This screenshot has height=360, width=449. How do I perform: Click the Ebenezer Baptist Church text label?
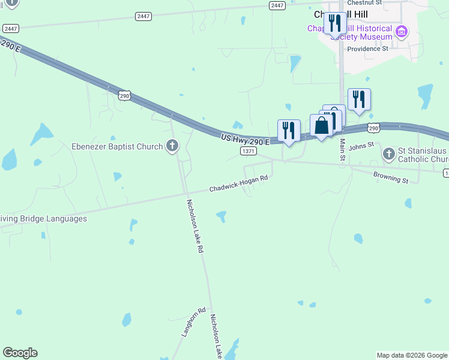[117, 146]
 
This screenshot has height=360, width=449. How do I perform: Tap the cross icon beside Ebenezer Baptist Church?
[172, 146]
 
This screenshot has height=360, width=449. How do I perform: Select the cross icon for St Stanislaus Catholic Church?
[388, 154]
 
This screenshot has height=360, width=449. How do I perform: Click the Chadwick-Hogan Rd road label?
[238, 184]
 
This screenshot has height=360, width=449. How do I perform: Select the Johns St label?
[361, 146]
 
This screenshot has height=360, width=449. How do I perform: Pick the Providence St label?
[367, 49]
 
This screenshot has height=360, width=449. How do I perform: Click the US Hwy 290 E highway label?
[245, 139]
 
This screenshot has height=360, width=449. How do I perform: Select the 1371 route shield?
[249, 151]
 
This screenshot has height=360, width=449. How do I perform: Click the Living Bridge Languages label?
[43, 218]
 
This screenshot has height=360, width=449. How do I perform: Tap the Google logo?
[20, 353]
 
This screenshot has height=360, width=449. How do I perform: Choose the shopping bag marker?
[321, 126]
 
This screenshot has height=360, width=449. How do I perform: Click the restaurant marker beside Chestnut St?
[335, 24]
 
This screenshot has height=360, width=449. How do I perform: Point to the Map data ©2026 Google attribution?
[412, 355]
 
